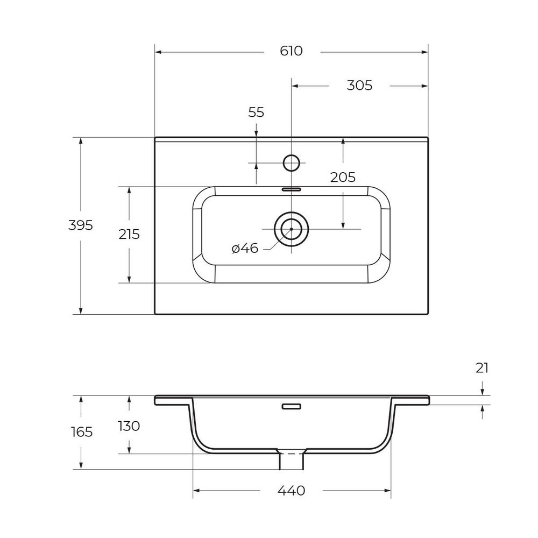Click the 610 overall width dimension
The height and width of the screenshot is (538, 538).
[291, 51]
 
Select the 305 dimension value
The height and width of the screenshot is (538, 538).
[359, 85]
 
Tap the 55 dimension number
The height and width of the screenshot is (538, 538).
[256, 112]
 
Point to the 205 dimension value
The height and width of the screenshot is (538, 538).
[343, 178]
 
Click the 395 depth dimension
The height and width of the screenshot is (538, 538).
[81, 225]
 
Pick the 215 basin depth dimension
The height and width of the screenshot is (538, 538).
[129, 235]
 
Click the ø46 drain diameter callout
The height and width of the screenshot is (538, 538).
[245, 249]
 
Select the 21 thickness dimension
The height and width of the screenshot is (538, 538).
[482, 368]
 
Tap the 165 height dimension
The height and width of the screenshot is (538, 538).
[81, 431]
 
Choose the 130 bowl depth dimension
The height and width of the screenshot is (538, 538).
[129, 426]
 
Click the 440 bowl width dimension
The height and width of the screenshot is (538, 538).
[291, 491]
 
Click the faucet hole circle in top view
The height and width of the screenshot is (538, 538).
[291, 162]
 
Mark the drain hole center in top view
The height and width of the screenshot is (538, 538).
[291, 229]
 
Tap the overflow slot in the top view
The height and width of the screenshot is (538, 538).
[291, 189]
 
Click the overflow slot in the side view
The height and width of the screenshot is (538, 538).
[291, 406]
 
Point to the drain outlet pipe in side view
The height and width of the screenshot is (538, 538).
[291, 460]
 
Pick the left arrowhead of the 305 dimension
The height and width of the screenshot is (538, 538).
[295, 86]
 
